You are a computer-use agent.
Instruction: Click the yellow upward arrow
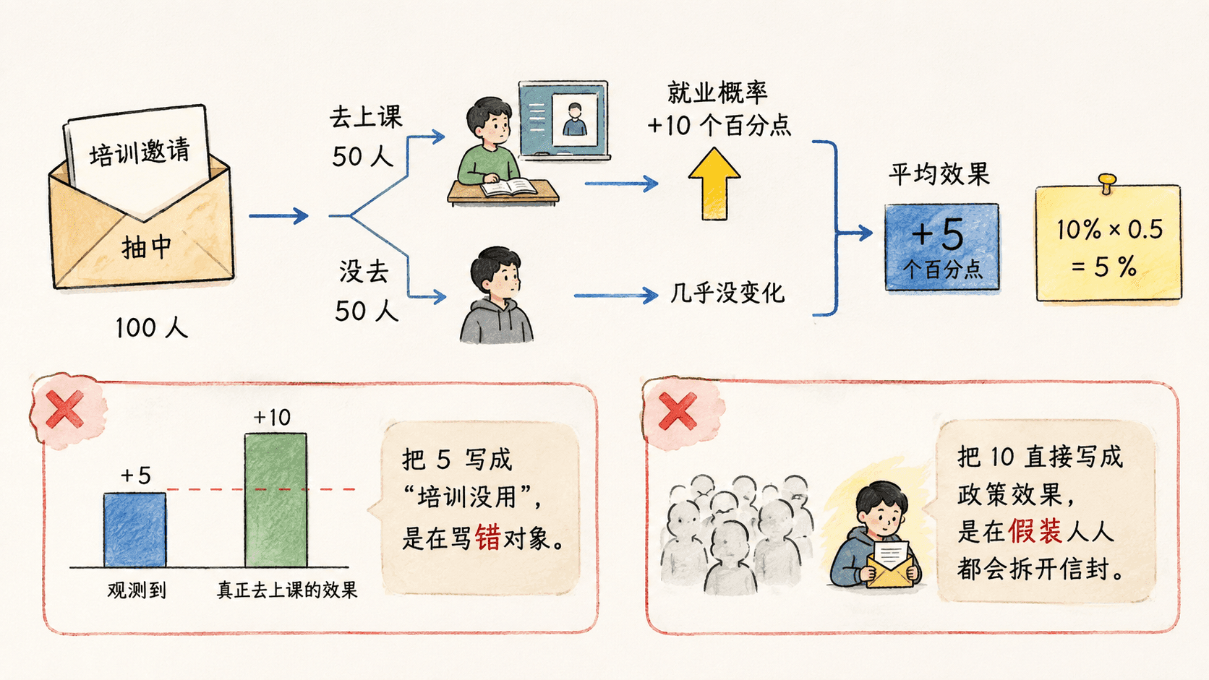coord(714,184)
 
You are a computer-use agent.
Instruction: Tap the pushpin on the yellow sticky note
coord(1106,182)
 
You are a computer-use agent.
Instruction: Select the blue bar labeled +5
coord(135,530)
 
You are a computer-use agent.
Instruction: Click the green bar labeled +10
coord(275,501)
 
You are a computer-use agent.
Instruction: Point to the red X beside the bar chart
coord(65,409)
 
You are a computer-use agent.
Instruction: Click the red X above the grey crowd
coord(678,411)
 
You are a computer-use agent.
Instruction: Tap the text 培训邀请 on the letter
coord(140,152)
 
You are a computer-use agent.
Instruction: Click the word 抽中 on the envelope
coord(146,248)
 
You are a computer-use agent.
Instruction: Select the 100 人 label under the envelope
coord(152,327)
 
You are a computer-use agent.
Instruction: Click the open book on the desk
coord(508,187)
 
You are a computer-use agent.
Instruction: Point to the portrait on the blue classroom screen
coord(575,119)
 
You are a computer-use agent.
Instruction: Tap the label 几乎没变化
coord(727,293)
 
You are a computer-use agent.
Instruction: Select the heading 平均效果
coord(939,174)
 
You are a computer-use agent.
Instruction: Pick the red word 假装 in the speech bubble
coord(1035,531)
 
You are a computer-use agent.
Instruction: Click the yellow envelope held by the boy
coord(890,569)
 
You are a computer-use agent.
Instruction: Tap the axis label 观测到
coord(137,590)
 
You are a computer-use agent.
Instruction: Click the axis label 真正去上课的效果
coord(287,590)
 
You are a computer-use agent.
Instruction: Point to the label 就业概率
coord(717,92)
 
